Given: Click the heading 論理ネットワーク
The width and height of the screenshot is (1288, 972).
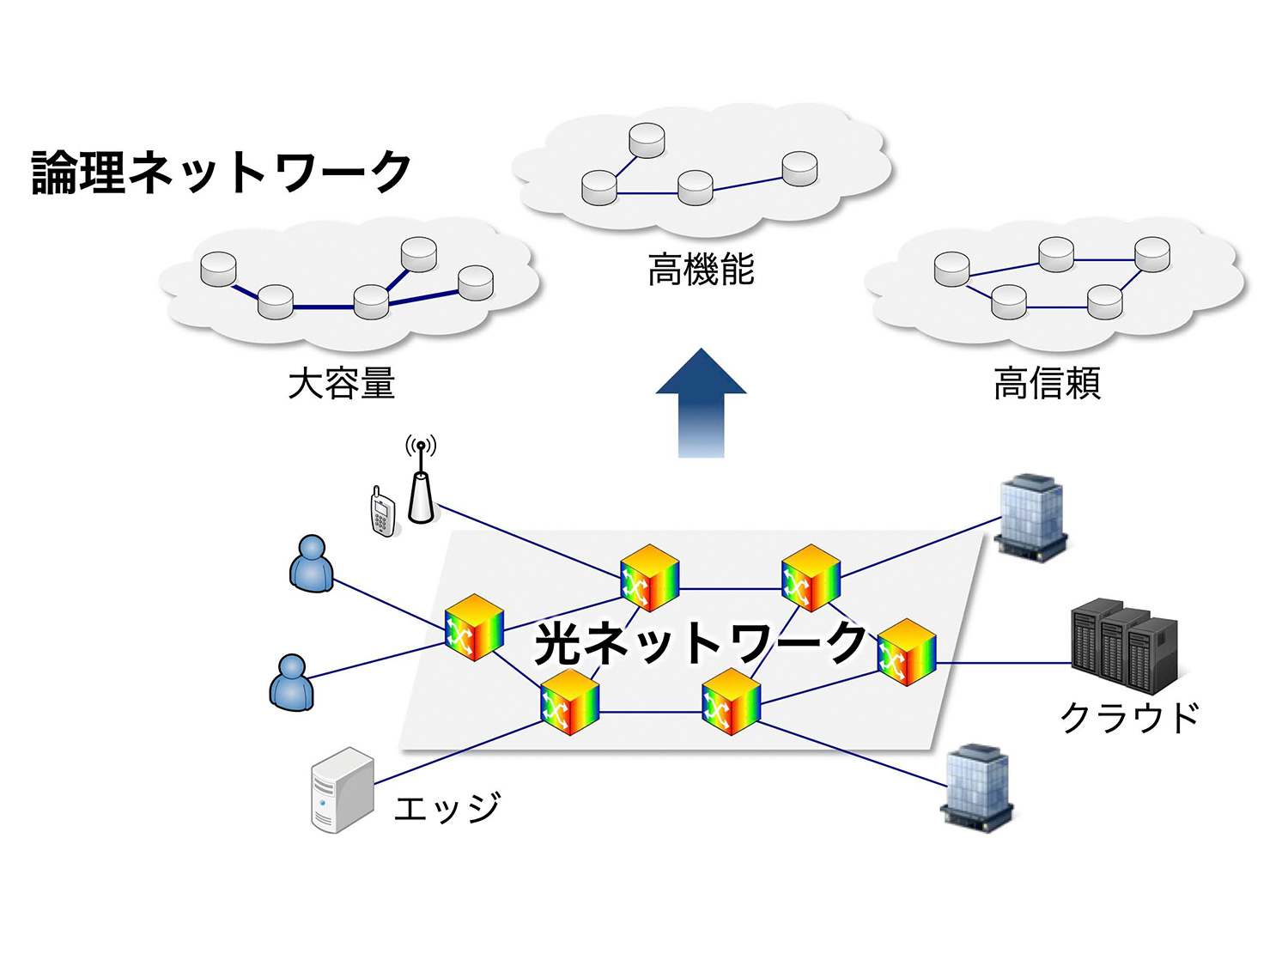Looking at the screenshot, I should click(222, 173).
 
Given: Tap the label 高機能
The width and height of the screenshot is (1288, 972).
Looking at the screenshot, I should click(701, 270).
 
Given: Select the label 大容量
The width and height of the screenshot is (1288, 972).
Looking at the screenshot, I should click(341, 383).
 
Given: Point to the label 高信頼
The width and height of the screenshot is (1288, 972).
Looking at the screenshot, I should click(1047, 383).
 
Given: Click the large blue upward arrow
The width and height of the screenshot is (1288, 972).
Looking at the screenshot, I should click(701, 404).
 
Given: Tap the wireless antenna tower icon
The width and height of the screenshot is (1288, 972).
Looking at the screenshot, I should click(420, 489).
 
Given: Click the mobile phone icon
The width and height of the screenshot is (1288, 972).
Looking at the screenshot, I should click(382, 513).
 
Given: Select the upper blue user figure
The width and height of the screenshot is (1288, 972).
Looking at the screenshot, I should click(312, 564).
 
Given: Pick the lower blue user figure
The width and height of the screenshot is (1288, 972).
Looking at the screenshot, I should click(292, 683).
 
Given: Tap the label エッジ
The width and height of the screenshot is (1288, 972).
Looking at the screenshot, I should click(447, 808).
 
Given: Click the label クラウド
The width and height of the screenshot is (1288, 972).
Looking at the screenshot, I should click(1129, 718).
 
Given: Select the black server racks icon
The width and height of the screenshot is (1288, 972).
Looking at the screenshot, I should click(1124, 646).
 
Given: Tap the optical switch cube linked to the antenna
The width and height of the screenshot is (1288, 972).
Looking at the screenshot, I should click(649, 578).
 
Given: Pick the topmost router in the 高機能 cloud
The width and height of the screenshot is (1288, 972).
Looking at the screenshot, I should click(647, 140).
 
